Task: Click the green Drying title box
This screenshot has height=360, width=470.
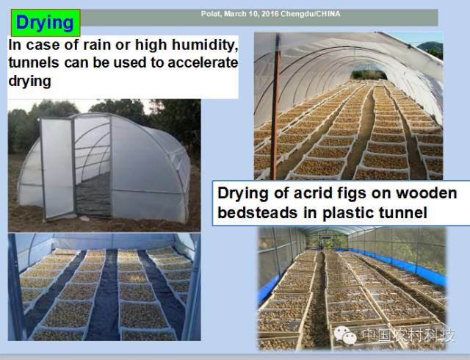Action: (46, 23)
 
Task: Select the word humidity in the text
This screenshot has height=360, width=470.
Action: (205, 46)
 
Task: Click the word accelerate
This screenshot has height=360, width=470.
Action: (203, 62)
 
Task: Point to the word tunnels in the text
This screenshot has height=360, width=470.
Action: (34, 62)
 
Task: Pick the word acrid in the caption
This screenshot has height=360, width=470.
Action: (311, 193)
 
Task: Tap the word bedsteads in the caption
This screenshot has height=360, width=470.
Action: (258, 213)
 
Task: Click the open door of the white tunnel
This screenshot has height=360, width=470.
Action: (57, 168)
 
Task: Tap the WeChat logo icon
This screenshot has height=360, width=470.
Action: (345, 335)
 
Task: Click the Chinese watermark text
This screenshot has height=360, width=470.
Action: (408, 335)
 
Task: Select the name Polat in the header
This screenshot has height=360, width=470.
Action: (211, 14)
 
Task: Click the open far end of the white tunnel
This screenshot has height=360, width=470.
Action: (369, 74)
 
